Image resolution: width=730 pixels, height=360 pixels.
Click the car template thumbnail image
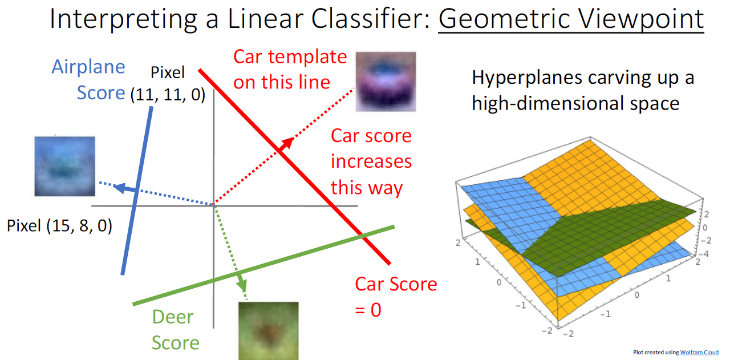(x=386, y=81)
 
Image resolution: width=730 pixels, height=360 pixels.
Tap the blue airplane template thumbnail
(x=64, y=166)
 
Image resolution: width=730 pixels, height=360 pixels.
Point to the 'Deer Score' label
(x=176, y=330)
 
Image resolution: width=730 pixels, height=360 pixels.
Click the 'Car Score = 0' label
(x=395, y=296)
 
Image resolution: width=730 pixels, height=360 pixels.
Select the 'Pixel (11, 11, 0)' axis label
(x=167, y=84)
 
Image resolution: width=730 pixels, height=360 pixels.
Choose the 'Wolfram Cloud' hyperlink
(x=699, y=353)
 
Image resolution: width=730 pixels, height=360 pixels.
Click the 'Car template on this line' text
(x=290, y=69)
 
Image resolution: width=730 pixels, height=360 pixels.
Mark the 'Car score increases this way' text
(x=371, y=161)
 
